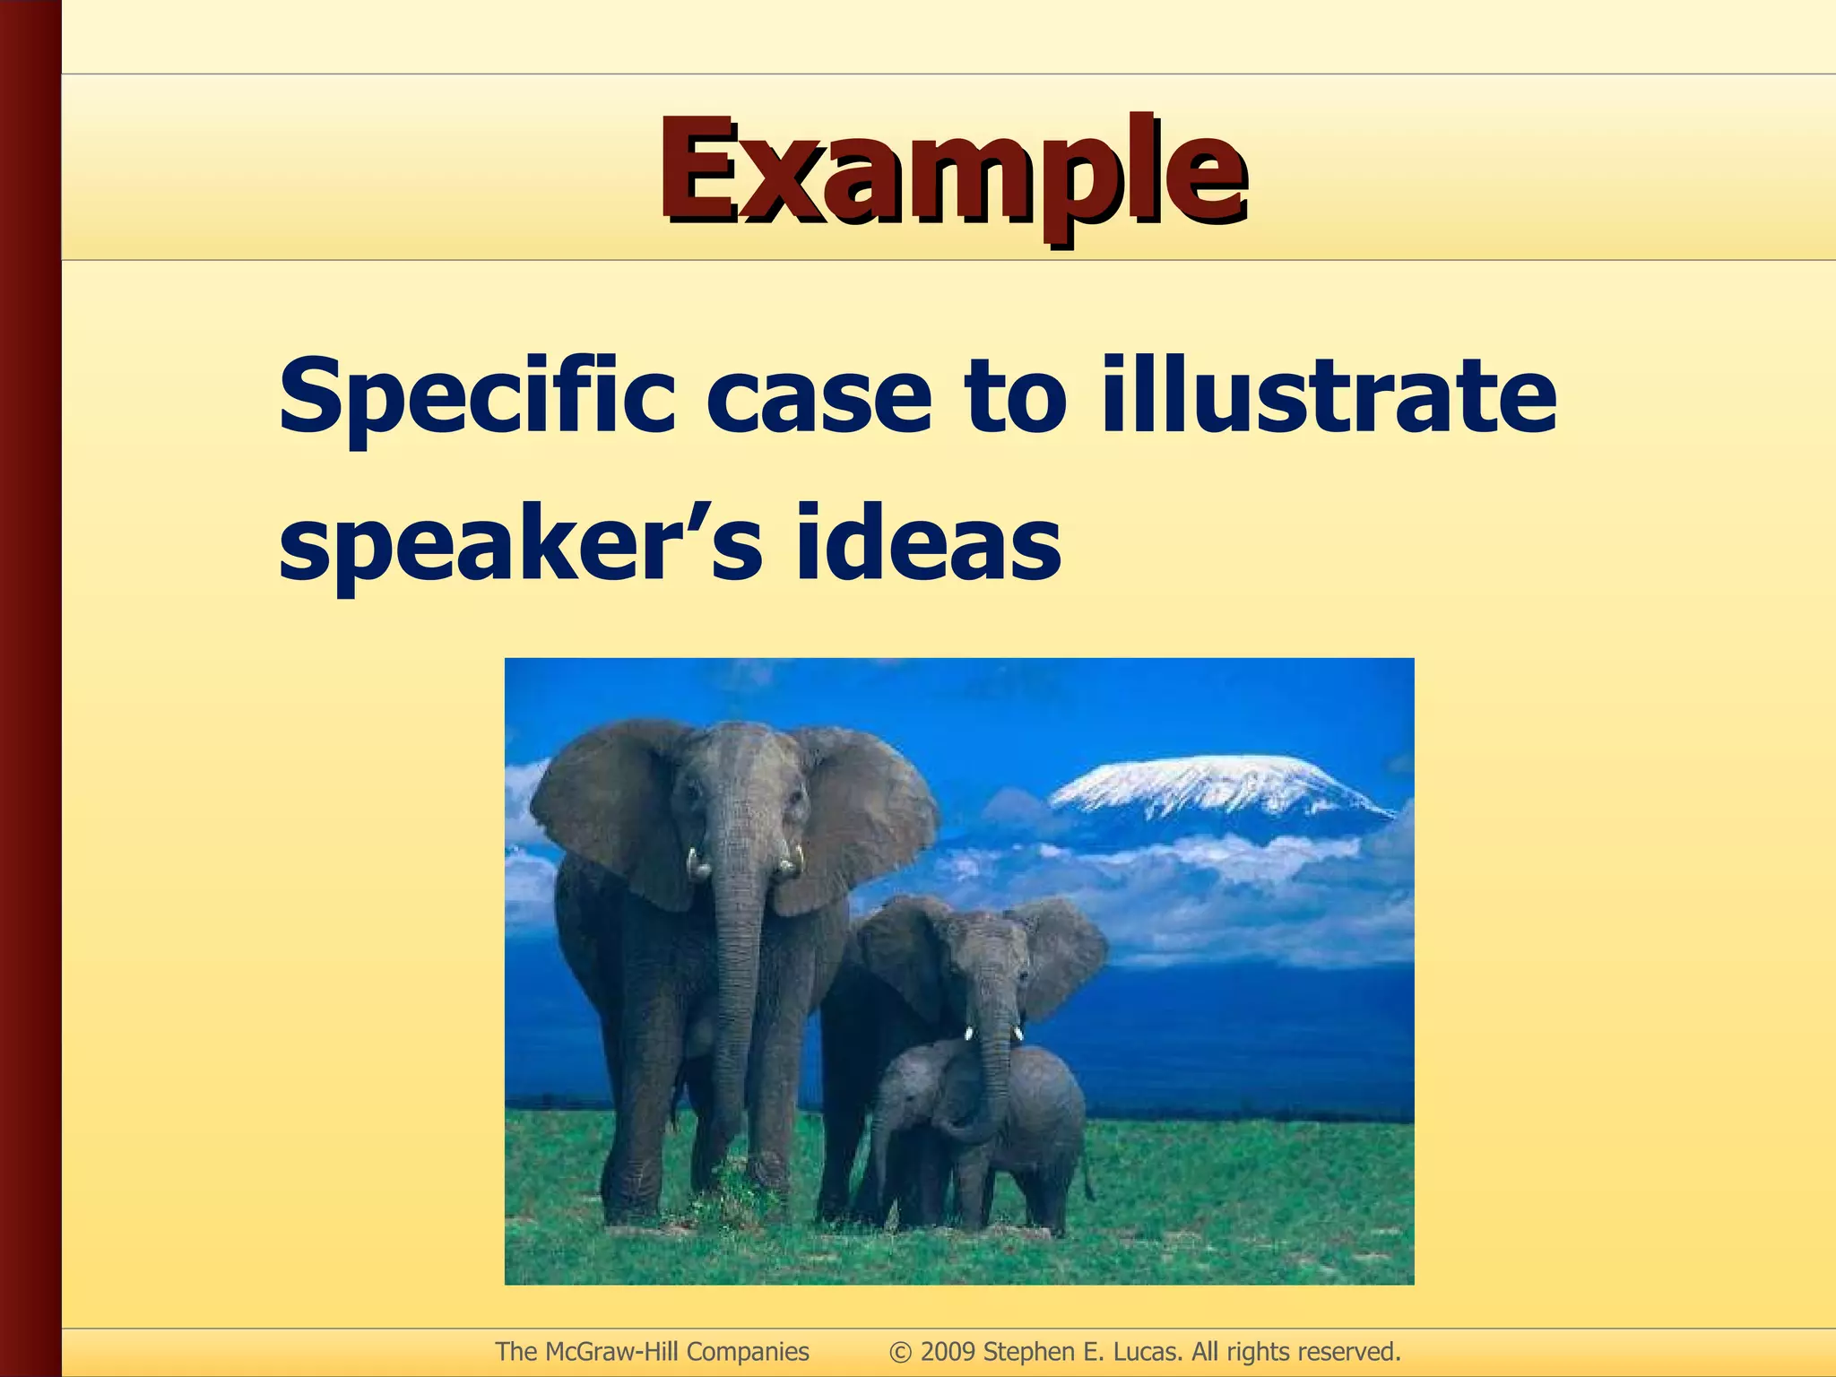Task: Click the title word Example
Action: coord(952,170)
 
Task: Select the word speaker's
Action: coord(520,543)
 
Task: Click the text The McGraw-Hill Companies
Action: coord(652,1351)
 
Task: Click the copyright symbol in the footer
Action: coord(900,1352)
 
